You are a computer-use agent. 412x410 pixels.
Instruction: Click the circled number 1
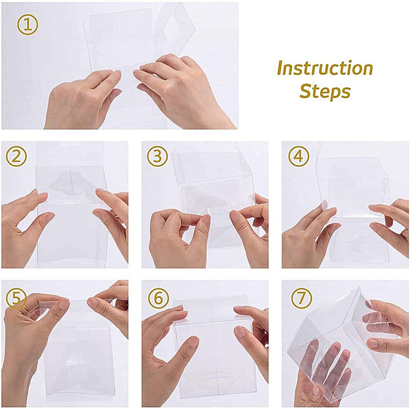[28, 25]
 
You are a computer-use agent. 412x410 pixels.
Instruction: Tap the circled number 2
[16, 156]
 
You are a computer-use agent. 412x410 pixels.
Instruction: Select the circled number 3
[157, 156]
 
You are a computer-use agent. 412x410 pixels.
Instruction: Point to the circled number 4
[298, 156]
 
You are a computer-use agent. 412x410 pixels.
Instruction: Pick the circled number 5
[16, 298]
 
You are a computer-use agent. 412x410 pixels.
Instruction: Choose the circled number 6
[158, 298]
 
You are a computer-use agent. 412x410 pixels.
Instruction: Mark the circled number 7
[302, 298]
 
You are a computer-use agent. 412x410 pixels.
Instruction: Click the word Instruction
[325, 68]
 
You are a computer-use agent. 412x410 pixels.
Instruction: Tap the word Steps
[325, 91]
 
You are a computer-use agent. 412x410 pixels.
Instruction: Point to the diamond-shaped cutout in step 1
[171, 30]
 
